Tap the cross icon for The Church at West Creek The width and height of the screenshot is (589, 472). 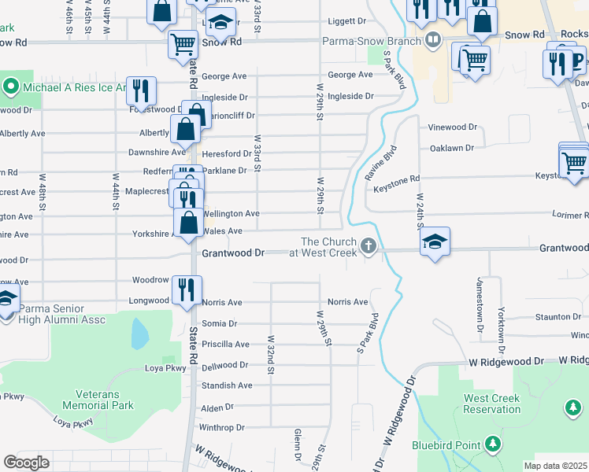point(368,247)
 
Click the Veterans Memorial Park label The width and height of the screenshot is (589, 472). point(105,400)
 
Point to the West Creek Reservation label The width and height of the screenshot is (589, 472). point(491,404)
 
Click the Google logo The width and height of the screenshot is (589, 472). point(27,462)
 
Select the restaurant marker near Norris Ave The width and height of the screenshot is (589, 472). point(187,289)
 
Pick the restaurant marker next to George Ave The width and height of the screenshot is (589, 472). point(141,90)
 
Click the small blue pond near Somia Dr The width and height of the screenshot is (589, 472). point(139,334)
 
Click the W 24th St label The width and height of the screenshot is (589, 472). point(421,212)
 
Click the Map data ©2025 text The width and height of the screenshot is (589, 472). point(556,465)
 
